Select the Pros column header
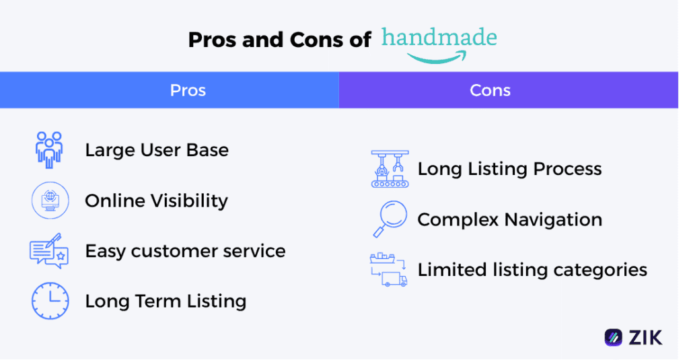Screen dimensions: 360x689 point(188,90)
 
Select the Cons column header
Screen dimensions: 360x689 point(490,90)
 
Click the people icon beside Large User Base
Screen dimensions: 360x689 point(49,149)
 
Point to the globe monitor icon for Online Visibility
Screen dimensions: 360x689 point(50,201)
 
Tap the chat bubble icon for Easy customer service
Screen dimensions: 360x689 point(49,251)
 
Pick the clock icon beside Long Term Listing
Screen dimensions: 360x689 point(50,301)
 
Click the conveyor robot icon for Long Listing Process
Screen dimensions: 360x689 point(390,168)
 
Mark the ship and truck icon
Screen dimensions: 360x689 point(389,270)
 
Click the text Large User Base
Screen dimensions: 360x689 point(157,150)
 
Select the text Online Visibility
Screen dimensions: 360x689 point(156,201)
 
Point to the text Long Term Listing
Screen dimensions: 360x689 point(166,301)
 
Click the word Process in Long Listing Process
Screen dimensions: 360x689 point(567,169)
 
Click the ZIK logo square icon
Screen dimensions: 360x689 point(613,336)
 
